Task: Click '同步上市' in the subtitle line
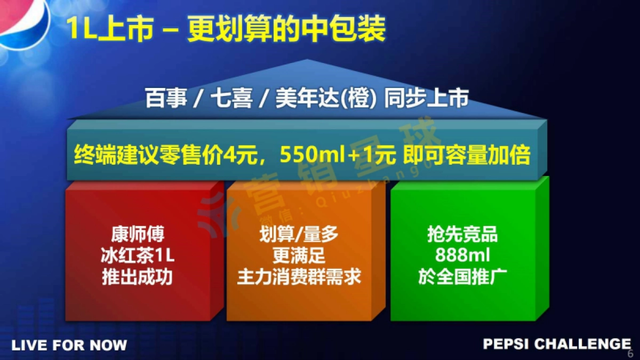pos(427,100)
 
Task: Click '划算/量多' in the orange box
pos(299,235)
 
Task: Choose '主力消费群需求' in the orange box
pos(299,277)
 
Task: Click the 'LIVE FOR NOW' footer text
pos(69,345)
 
